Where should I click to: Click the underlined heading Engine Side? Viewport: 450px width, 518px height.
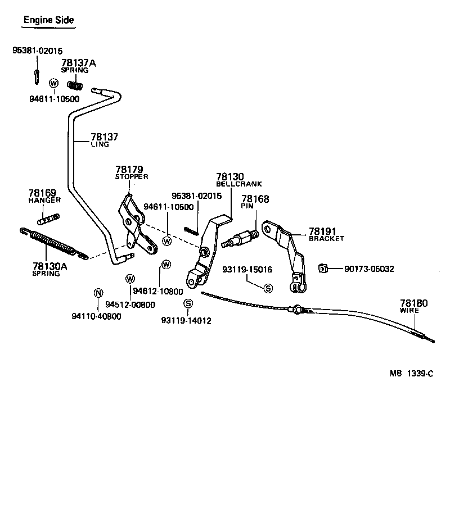(48, 20)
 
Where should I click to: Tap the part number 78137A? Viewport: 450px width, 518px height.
(78, 63)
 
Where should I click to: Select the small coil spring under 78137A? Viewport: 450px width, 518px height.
(75, 85)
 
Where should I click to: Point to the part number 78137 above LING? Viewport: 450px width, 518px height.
(105, 137)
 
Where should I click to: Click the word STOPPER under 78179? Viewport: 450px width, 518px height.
(131, 176)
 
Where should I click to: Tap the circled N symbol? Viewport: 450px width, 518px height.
(98, 293)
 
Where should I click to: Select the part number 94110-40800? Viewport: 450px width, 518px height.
(96, 316)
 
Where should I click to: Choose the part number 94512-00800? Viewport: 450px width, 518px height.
(134, 305)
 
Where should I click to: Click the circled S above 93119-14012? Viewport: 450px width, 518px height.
(188, 303)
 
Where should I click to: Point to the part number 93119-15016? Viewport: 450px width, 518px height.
(247, 270)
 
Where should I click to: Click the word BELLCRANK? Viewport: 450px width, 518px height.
(238, 184)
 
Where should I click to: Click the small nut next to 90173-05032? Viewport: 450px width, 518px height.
(323, 268)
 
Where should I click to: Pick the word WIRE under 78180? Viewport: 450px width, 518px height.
(409, 310)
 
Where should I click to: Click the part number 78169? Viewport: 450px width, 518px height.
(42, 193)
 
